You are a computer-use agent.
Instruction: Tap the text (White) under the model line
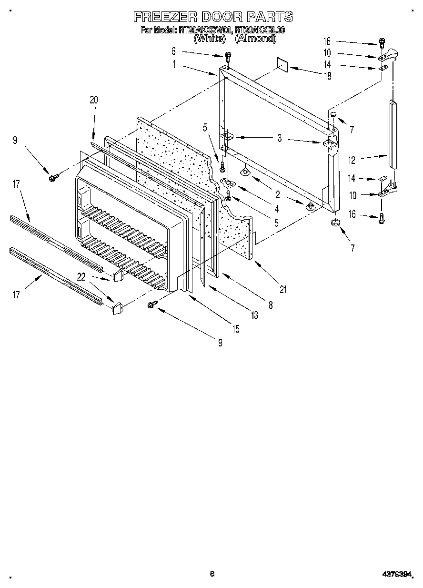point(209,39)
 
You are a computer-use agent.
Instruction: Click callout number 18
point(327,75)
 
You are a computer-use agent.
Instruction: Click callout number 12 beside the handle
point(352,161)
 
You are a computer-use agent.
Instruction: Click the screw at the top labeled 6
point(228,57)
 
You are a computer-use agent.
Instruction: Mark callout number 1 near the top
point(174,64)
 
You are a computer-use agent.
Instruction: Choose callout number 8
point(271,305)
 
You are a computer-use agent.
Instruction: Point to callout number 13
point(255,315)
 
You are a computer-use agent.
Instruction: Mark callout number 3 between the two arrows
point(280,139)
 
